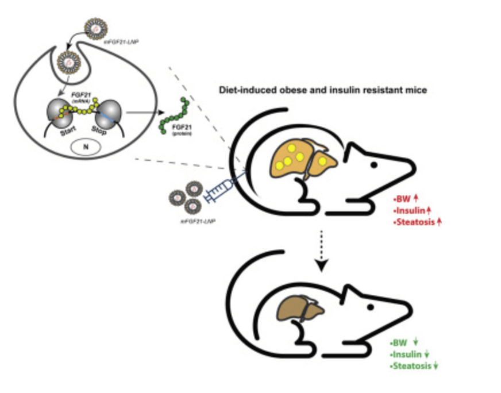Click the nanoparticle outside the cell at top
95,27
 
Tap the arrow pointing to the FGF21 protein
141,112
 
